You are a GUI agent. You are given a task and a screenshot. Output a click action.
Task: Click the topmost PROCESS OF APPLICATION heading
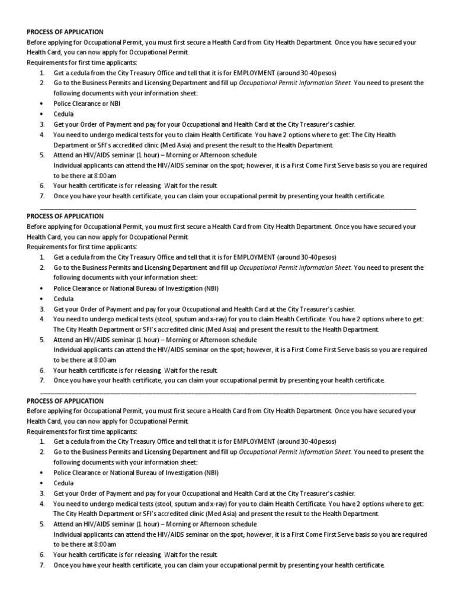[x=65, y=32]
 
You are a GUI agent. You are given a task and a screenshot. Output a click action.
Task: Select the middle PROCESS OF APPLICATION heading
[x=65, y=217]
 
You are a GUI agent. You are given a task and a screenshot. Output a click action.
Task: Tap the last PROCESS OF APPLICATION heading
[x=65, y=401]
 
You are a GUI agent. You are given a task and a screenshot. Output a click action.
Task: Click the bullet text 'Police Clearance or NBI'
[x=87, y=104]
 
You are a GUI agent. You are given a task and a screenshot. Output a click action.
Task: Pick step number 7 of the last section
[x=42, y=565]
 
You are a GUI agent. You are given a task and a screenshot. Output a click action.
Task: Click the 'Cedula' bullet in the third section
[x=63, y=483]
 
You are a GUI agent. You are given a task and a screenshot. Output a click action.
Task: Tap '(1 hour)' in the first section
[x=149, y=155]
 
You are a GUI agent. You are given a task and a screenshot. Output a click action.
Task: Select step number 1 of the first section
[x=42, y=73]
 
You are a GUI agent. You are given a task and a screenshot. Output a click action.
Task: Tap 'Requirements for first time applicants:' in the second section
[x=82, y=247]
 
